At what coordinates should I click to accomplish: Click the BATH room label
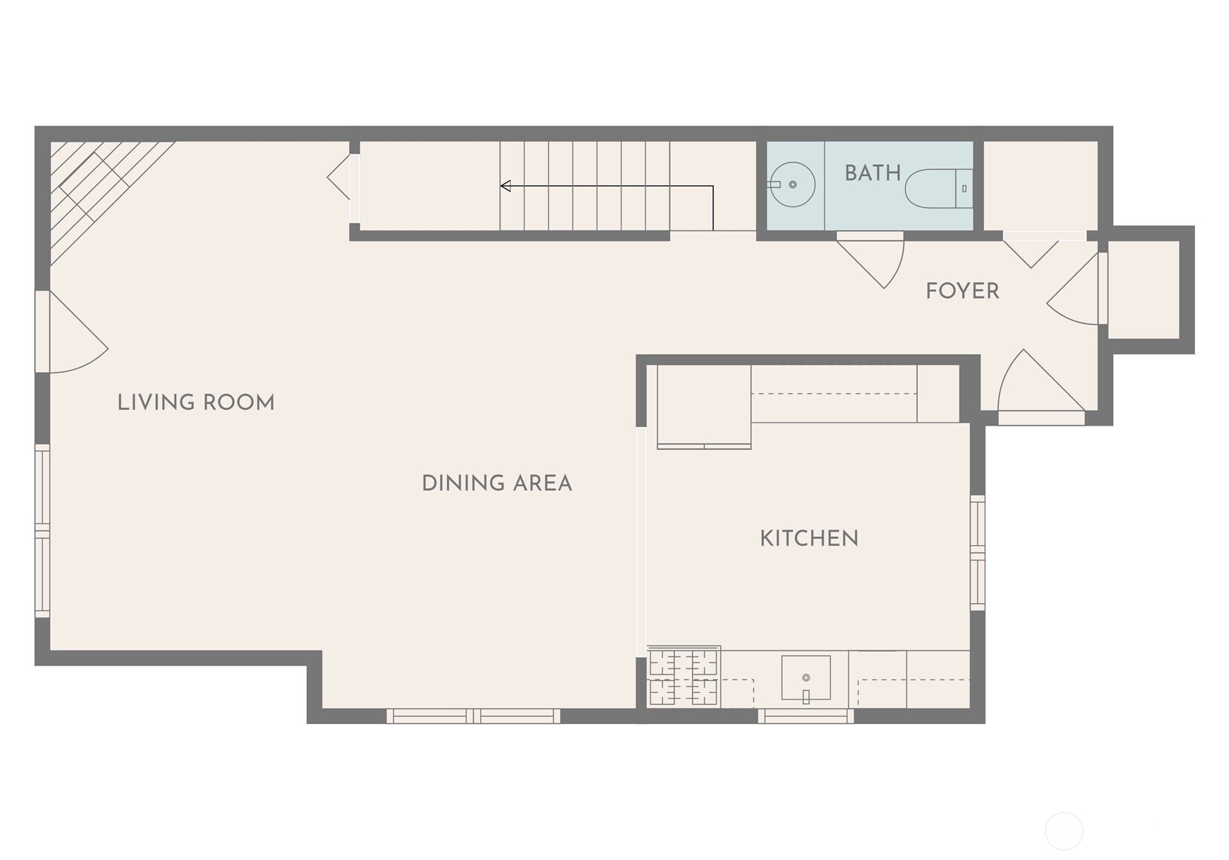pos(872,173)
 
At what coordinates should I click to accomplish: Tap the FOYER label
pos(962,290)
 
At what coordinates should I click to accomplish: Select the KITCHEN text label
pos(809,538)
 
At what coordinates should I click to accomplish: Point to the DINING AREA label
pos(497,483)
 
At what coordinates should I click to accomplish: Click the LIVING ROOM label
pos(196,403)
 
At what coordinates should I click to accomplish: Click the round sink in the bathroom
pos(792,184)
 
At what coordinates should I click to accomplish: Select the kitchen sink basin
pos(806,677)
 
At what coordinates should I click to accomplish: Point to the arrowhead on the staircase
pos(506,186)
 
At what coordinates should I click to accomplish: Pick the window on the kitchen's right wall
pos(978,553)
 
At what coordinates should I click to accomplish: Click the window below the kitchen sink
pos(806,716)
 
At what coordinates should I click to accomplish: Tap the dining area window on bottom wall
pos(473,716)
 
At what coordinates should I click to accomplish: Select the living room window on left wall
pos(42,531)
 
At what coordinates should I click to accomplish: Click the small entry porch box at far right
pos(1144,290)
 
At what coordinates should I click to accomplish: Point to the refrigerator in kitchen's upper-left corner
pos(703,406)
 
